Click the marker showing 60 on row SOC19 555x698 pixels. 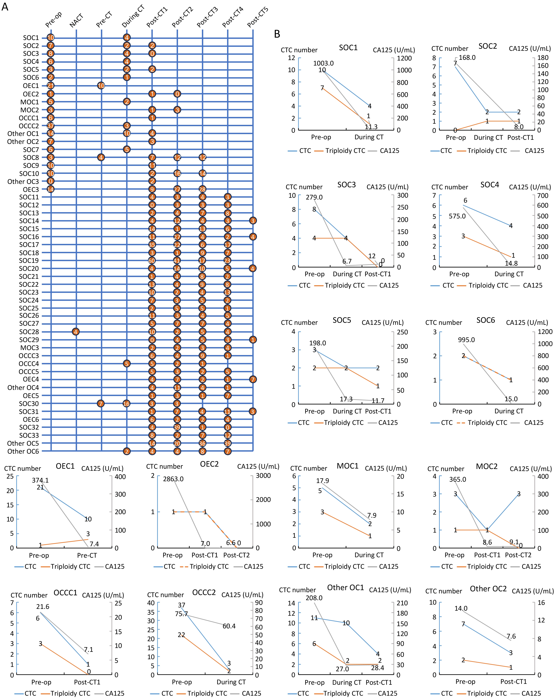(152, 261)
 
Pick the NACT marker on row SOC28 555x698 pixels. (76, 332)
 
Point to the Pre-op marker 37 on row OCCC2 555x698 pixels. (50, 126)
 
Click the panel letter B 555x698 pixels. (277, 34)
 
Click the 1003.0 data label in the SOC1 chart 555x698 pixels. (323, 63)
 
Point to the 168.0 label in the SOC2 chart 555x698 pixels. (467, 58)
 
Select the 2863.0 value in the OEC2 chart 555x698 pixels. (173, 479)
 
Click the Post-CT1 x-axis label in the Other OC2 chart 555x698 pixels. (514, 681)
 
